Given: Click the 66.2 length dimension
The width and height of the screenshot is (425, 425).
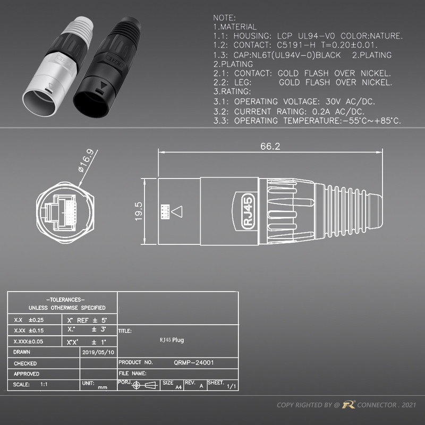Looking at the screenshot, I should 270,147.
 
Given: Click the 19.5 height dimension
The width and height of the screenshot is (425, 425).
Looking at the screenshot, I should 139,211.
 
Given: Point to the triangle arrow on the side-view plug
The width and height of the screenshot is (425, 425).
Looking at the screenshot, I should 178,211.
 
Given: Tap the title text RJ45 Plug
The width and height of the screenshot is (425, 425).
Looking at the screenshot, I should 172,340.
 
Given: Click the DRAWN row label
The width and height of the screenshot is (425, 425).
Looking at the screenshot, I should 22,352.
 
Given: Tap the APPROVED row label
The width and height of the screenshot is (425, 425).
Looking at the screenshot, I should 26,374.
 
